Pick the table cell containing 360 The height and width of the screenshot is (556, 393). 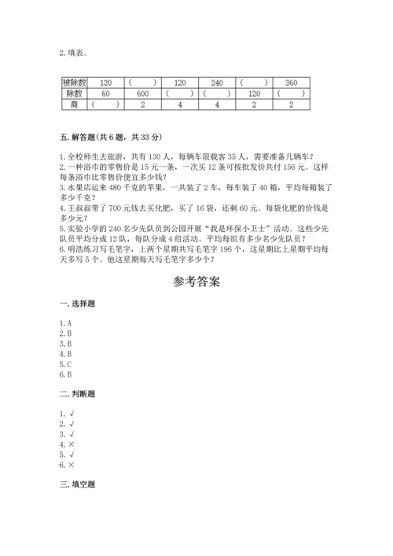pyautogui.click(x=291, y=82)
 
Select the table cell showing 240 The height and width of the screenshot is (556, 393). pyautogui.click(x=218, y=82)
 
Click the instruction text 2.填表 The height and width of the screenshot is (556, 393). pyautogui.click(x=74, y=53)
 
